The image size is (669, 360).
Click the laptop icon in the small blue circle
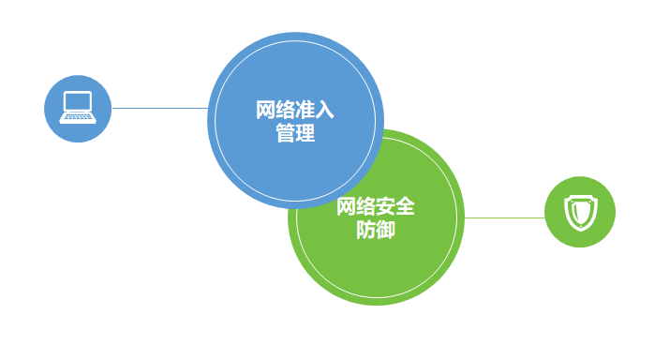[x=78, y=107]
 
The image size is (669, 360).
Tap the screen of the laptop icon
[x=78, y=101]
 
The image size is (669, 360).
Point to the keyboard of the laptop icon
[x=78, y=118]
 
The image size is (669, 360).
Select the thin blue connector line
[x=160, y=108]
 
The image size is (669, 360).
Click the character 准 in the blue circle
[x=305, y=110]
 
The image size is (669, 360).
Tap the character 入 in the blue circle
[x=325, y=110]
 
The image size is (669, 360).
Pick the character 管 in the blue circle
[x=286, y=133]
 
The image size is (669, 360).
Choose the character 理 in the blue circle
[x=305, y=133]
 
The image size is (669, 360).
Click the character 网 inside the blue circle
[x=266, y=110]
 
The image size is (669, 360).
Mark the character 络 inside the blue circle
[x=286, y=110]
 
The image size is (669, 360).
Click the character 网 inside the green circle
[x=346, y=206]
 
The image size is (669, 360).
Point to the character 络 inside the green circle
[x=365, y=206]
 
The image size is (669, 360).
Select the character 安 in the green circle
[x=385, y=206]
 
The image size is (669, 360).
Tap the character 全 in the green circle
[x=405, y=206]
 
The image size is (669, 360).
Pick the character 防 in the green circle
[x=365, y=230]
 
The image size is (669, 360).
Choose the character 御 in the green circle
[x=385, y=230]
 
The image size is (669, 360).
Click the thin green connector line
[x=505, y=217]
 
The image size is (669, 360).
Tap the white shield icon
[x=580, y=213]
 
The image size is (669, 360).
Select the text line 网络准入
[x=295, y=110]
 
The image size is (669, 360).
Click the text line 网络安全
[x=376, y=206]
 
